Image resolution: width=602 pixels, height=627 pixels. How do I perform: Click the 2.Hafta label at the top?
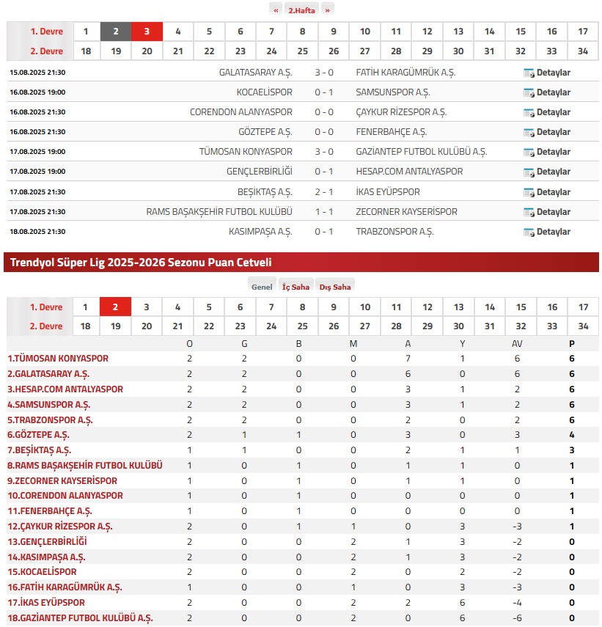pyautogui.click(x=301, y=10)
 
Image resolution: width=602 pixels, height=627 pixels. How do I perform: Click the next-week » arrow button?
pyautogui.click(x=328, y=10)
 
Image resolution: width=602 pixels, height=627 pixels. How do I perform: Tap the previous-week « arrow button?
pyautogui.click(x=276, y=10)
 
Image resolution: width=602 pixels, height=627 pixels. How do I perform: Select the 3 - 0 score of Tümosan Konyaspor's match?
pyautogui.click(x=324, y=152)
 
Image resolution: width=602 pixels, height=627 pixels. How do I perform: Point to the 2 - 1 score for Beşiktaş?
pyautogui.click(x=324, y=192)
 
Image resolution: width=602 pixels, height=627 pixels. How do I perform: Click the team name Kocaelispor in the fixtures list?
pyautogui.click(x=264, y=92)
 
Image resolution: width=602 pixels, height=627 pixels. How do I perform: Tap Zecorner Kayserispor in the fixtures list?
pyautogui.click(x=406, y=212)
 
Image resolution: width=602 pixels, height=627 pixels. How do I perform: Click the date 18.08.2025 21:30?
pyautogui.click(x=37, y=232)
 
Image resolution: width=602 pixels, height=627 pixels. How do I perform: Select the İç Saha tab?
pyautogui.click(x=296, y=287)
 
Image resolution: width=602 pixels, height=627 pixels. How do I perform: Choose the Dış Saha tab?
pyautogui.click(x=334, y=287)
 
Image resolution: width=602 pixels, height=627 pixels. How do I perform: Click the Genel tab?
pyautogui.click(x=261, y=287)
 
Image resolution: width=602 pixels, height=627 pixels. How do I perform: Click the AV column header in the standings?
pyautogui.click(x=517, y=343)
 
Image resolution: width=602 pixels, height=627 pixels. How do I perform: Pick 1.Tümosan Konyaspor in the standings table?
pyautogui.click(x=58, y=359)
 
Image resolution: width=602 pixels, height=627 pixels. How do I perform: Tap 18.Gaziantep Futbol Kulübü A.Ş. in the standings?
pyautogui.click(x=80, y=618)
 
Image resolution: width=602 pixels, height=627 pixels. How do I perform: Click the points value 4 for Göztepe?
pyautogui.click(x=572, y=435)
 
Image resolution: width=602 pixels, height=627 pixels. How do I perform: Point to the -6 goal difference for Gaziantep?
pyautogui.click(x=517, y=618)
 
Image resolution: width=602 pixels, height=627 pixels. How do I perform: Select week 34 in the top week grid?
pyautogui.click(x=583, y=51)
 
